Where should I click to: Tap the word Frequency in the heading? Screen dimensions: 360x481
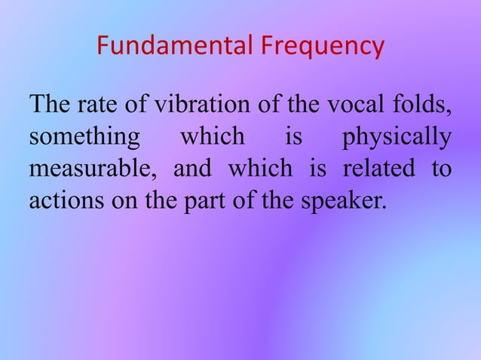(323, 47)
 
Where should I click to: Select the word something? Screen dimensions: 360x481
(84, 139)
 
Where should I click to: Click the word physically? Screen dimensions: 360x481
(397, 139)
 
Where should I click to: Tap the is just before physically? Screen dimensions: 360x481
(293, 139)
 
